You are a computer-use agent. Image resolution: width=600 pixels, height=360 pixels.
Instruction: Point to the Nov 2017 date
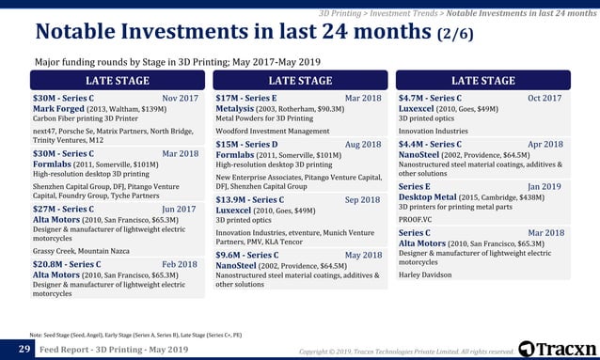tap(181, 99)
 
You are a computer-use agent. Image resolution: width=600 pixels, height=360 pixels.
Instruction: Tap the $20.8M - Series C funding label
tap(67, 265)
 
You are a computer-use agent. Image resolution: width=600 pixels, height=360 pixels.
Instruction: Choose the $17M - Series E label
tap(246, 98)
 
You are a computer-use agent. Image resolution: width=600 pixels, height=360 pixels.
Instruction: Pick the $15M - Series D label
tap(246, 145)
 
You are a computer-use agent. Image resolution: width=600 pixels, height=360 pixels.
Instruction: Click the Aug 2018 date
tap(363, 145)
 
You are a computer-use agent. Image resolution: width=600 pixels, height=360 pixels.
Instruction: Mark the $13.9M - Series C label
tap(250, 199)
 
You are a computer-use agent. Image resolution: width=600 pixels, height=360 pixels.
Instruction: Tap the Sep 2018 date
tap(363, 199)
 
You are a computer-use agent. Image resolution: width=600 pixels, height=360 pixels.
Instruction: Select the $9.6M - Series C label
tap(246, 255)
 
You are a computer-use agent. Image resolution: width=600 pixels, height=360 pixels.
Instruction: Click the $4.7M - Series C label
tap(430, 98)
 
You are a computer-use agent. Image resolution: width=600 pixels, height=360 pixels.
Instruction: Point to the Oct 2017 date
tap(545, 99)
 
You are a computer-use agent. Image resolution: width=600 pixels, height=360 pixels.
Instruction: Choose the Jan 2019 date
tap(545, 187)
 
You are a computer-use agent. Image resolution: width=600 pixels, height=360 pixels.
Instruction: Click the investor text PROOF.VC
tap(418, 219)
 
